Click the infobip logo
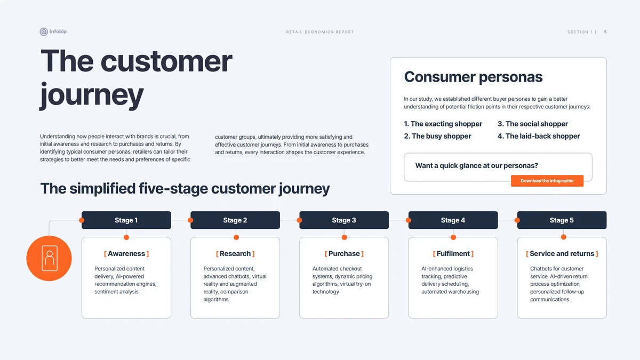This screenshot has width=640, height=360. coord(53,31)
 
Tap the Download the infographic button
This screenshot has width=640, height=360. coord(547,181)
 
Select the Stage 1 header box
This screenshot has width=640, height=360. coord(126,220)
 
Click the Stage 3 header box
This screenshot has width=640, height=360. coord(344,220)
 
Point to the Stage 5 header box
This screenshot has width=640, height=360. coord(562,220)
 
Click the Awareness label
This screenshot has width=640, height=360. coord(126,254)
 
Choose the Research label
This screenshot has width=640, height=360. coord(235,254)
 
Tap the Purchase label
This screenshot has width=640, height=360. coord(344,254)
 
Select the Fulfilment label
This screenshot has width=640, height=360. coord(453,254)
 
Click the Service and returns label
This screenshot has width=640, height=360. coord(562,254)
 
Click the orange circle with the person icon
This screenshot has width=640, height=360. coord(49,258)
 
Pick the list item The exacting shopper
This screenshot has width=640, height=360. coord(443,124)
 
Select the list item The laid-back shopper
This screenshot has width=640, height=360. coord(539,137)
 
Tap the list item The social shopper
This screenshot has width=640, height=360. coord(533,124)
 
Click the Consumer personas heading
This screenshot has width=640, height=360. coord(473,77)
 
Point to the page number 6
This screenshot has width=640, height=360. coord(605,32)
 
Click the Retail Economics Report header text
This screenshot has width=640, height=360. coord(320,32)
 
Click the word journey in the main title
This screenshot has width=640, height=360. coord(91,95)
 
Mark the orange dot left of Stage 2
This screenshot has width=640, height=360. coord(190,220)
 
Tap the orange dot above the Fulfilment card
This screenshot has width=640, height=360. coord(453,237)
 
